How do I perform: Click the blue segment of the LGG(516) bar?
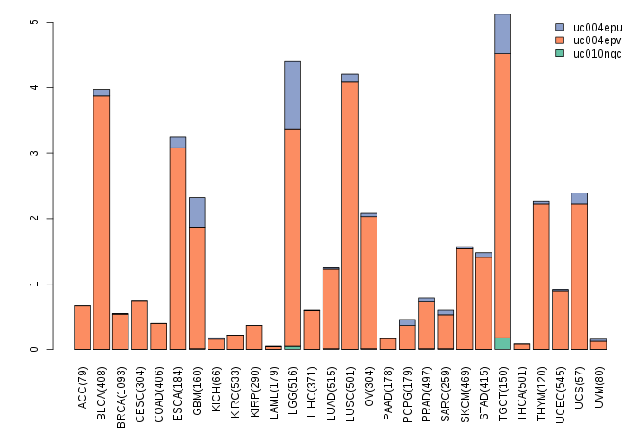point(292,94)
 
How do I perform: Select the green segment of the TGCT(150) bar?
point(502,344)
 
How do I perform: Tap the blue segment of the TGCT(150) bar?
point(502,33)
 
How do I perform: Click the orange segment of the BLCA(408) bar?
point(102,222)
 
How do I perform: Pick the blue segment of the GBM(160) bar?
point(197,211)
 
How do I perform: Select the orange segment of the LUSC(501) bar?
point(350,215)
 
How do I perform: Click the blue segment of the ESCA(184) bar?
point(178,142)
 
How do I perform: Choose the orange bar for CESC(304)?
point(139,325)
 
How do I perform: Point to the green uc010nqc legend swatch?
point(560,53)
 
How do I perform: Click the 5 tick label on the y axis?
point(33,22)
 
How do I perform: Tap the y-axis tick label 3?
point(33,153)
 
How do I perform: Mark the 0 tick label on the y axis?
point(33,349)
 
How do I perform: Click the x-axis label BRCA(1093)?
point(120,387)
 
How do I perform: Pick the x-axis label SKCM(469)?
point(465,386)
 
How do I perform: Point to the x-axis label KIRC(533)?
point(235,386)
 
